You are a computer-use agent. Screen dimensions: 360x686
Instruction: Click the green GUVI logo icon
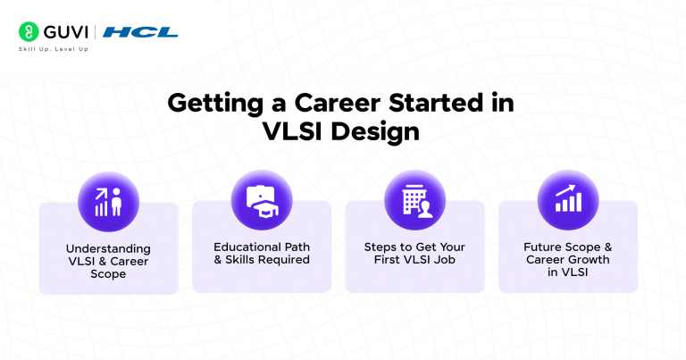(x=28, y=32)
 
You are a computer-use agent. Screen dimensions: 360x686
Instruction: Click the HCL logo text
(x=141, y=32)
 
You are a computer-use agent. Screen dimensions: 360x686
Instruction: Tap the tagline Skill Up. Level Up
(x=54, y=48)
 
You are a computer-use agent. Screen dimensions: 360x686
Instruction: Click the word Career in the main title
(x=324, y=103)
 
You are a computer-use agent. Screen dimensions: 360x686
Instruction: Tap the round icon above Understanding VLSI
(x=108, y=201)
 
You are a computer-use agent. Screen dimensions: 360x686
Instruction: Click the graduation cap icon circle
(x=262, y=201)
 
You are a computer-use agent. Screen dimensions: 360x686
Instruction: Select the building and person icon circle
(x=414, y=201)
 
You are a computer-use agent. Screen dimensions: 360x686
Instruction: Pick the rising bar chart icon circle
(x=568, y=201)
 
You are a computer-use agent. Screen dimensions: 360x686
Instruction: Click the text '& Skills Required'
(x=262, y=260)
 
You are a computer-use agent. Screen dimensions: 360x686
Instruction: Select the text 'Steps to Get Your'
(x=414, y=246)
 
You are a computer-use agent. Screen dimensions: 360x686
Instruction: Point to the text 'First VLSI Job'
(x=414, y=260)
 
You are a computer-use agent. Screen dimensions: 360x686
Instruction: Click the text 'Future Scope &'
(x=568, y=246)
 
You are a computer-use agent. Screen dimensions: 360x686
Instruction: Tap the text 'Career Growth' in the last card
(x=568, y=260)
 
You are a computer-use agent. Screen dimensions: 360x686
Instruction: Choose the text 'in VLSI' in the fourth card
(x=568, y=274)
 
